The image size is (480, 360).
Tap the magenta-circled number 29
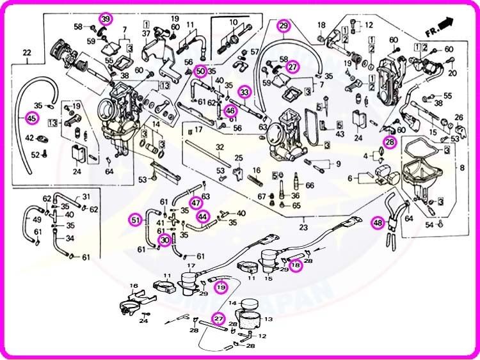[284, 26]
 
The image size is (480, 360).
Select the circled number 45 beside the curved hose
[31, 118]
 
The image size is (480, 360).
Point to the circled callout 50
[200, 71]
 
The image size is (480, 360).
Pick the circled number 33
[244, 92]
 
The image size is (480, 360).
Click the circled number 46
[231, 111]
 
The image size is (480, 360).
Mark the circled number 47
[196, 203]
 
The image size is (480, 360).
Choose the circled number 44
[202, 216]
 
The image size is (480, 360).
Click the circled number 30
[164, 240]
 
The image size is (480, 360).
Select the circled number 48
[379, 223]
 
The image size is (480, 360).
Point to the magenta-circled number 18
[296, 266]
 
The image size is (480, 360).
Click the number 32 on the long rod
[220, 147]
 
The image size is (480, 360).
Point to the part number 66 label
[310, 185]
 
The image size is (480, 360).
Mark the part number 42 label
[29, 137]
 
